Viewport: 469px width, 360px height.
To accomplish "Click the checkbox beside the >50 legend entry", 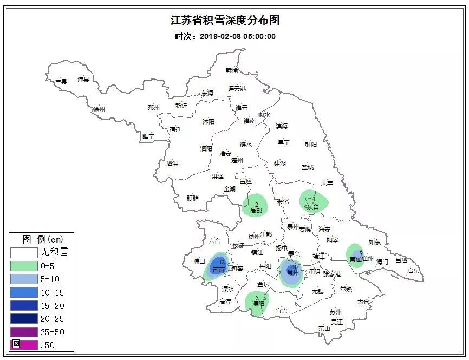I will pos(16,344).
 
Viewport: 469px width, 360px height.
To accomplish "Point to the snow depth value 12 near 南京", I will pos(222,262).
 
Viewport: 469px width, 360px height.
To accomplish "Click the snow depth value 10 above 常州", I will pos(295,267).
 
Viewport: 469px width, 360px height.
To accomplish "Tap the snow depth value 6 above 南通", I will pos(361,252).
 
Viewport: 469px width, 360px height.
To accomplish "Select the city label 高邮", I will pos(256,210).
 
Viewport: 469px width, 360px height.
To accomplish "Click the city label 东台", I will pos(313,206).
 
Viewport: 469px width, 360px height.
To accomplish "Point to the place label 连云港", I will pos(237,88).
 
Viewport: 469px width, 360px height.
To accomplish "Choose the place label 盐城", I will pos(308,167).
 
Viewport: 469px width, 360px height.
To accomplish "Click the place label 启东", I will pos(413,271).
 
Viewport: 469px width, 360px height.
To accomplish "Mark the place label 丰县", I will pos(61,82).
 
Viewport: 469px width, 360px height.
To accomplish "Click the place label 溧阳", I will pos(258,304).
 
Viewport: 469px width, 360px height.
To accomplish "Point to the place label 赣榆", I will pos(232,70).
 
